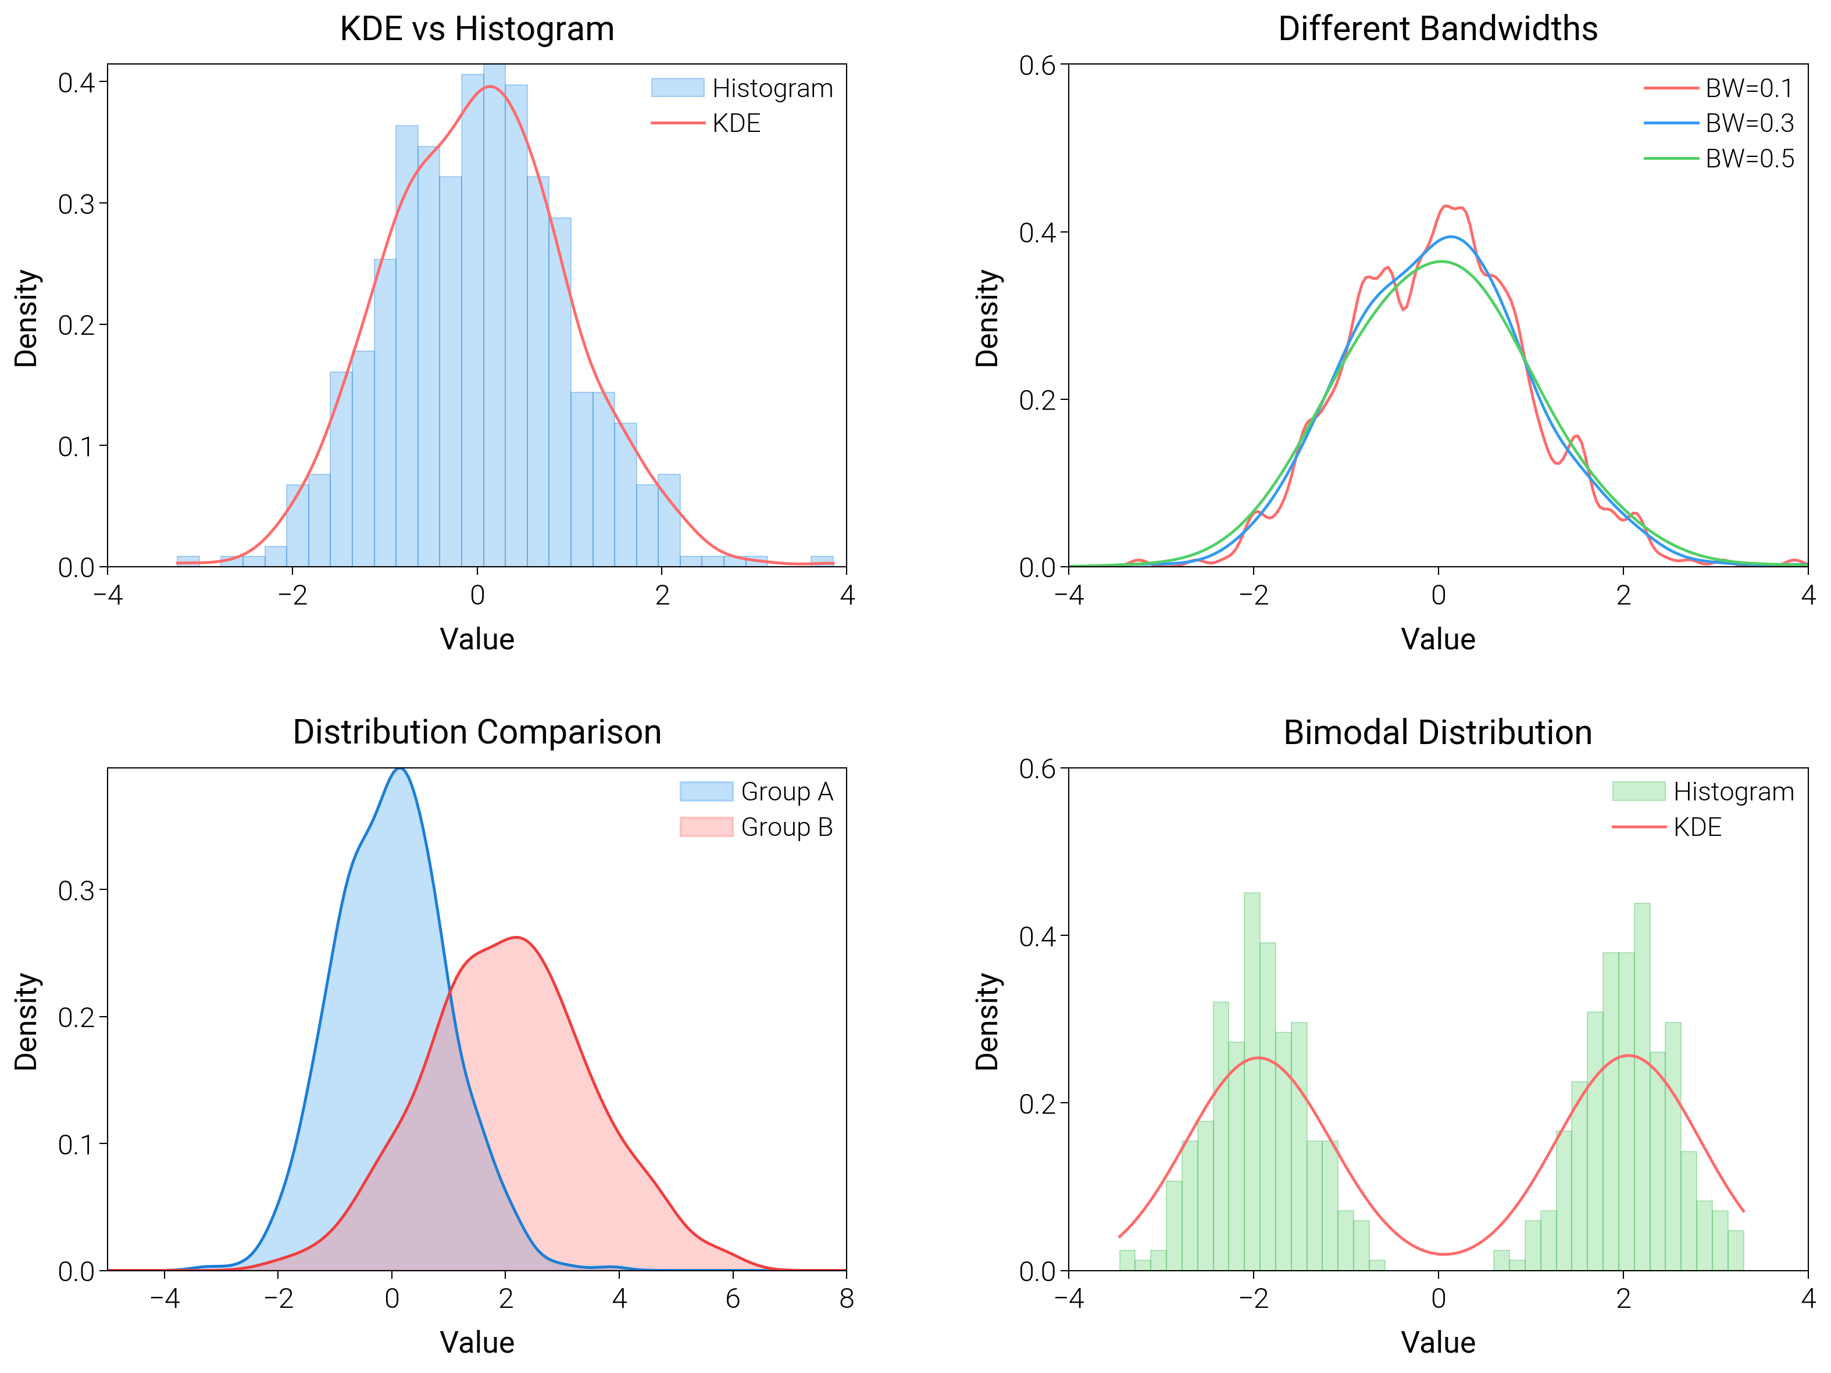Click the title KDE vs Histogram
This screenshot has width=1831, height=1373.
477,29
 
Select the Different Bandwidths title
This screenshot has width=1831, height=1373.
1438,29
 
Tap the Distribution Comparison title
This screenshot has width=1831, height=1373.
477,732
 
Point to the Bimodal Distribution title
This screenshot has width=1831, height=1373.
1438,732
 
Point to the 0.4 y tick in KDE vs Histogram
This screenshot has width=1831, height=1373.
76,82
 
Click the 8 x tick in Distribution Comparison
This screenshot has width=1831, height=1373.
846,1299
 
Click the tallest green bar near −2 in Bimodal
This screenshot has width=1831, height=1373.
1251,1076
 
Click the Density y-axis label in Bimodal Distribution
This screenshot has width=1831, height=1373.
987,1021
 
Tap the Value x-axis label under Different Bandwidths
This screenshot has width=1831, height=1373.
1438,639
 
